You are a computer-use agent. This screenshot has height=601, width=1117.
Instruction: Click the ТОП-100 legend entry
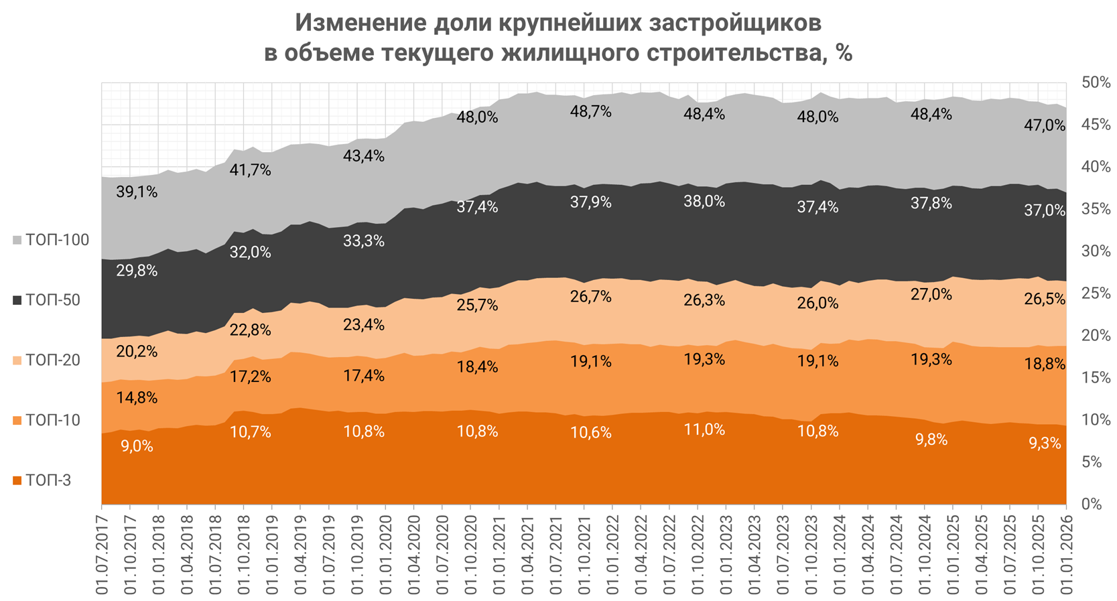click(x=51, y=240)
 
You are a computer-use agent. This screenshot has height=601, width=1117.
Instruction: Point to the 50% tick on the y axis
click(x=1096, y=82)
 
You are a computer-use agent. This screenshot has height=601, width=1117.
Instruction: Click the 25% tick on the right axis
click(x=1096, y=293)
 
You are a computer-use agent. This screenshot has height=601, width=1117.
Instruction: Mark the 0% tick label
click(x=1092, y=504)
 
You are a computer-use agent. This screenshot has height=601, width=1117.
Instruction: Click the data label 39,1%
click(x=137, y=192)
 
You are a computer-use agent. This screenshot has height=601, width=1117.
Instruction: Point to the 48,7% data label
click(x=590, y=112)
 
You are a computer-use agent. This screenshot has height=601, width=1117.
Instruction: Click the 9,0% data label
click(x=137, y=446)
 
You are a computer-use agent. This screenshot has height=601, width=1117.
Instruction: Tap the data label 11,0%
click(x=704, y=429)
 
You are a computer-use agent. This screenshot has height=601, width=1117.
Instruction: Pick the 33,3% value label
click(x=364, y=241)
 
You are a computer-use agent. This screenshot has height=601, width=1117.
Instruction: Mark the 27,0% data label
click(x=931, y=294)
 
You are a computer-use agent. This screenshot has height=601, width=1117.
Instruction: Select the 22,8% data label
click(x=251, y=330)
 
